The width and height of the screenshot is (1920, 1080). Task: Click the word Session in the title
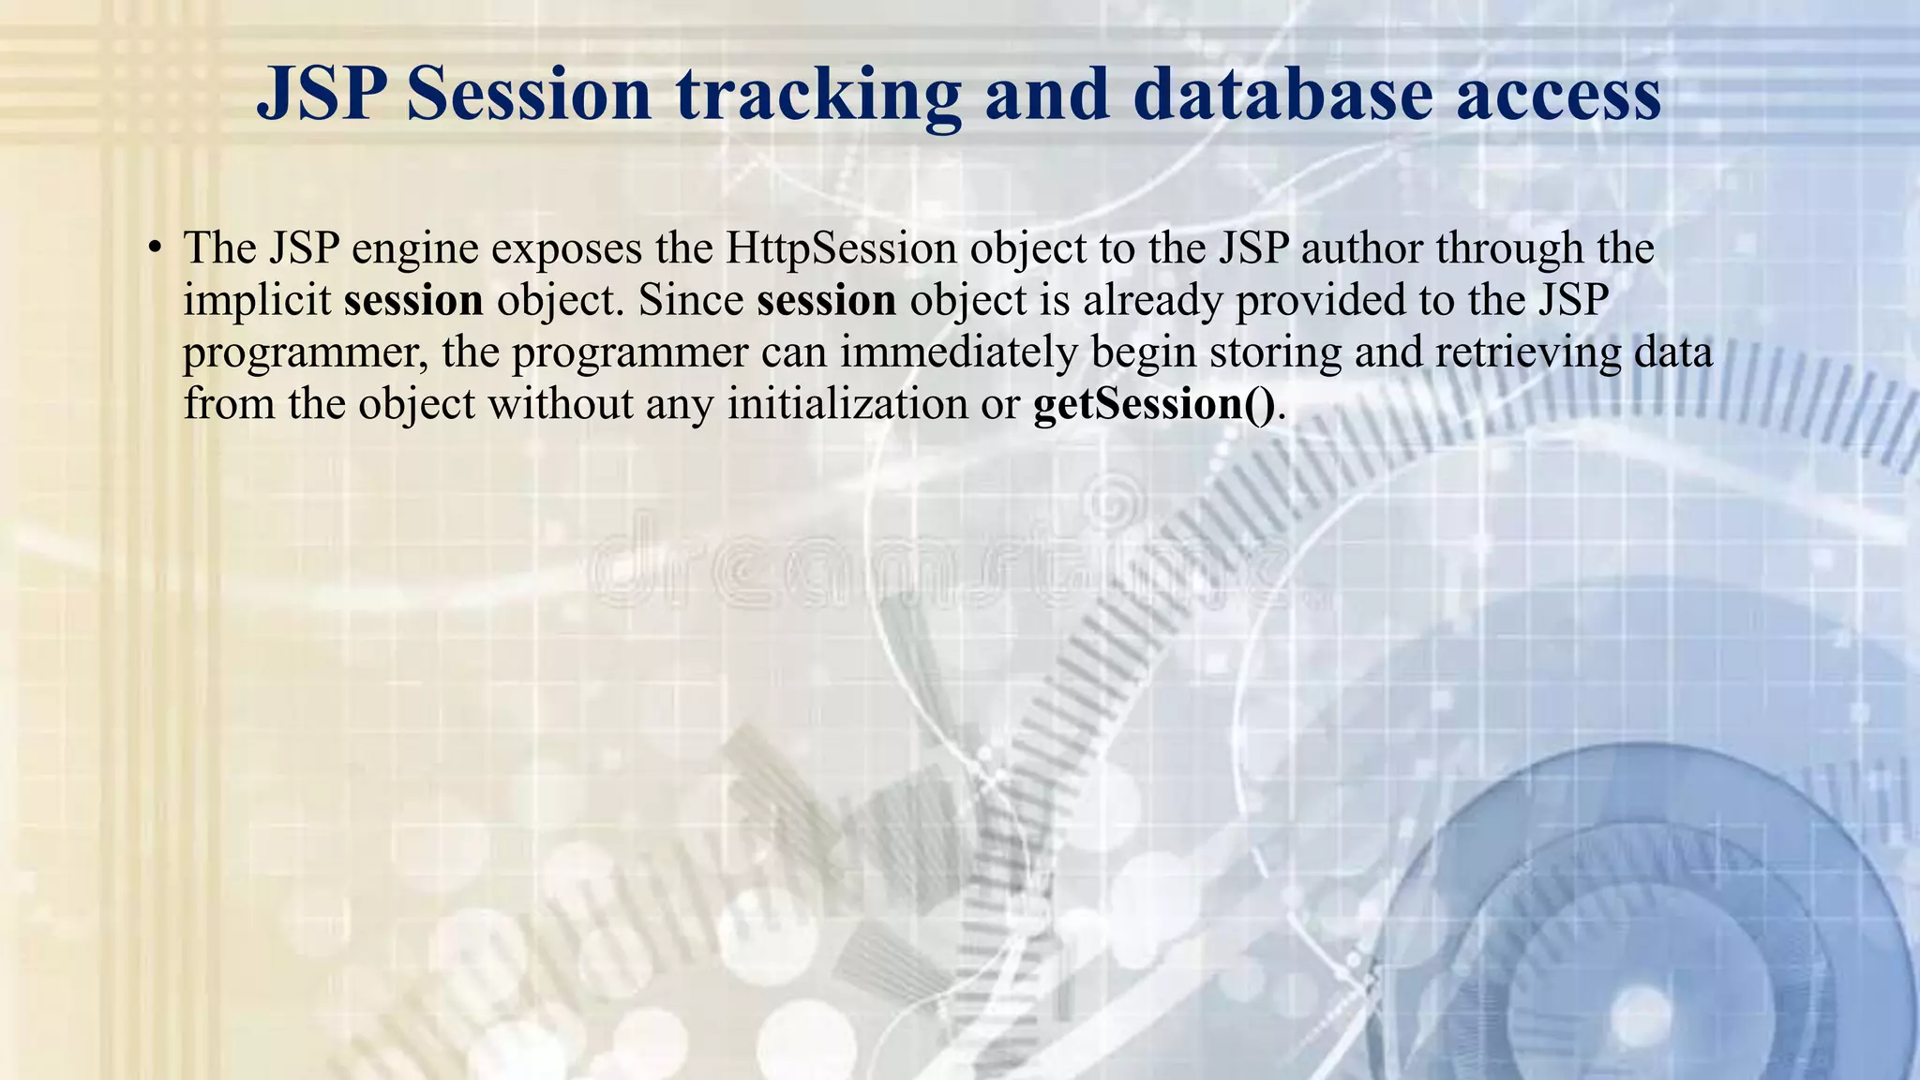[x=529, y=96]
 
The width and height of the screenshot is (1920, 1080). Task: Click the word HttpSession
[x=841, y=248]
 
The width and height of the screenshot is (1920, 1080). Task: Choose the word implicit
[x=257, y=302]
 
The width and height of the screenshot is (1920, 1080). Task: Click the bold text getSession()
[x=1154, y=405]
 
